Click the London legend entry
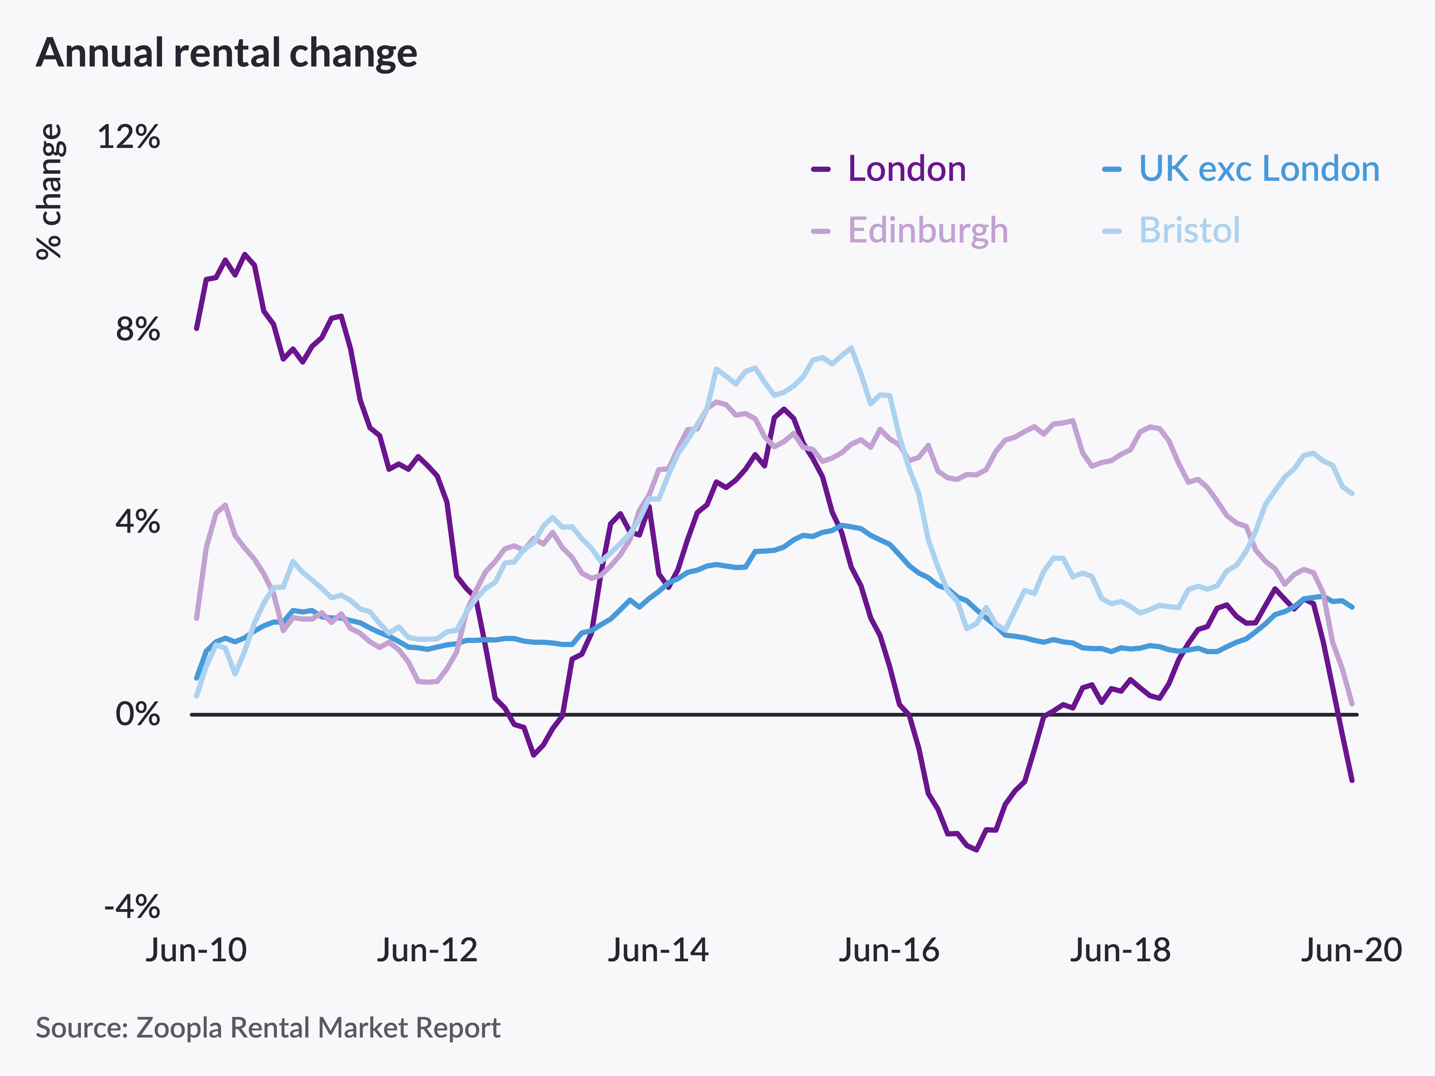(906, 169)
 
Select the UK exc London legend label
(1259, 169)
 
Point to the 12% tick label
(129, 137)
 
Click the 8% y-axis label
(138, 330)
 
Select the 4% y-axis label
(138, 522)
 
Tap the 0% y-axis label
(138, 714)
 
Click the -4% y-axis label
(132, 906)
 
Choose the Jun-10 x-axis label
(196, 950)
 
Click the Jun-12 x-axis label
(427, 950)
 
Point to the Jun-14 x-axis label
(658, 950)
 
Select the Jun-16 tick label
(889, 950)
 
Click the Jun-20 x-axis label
(1351, 950)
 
